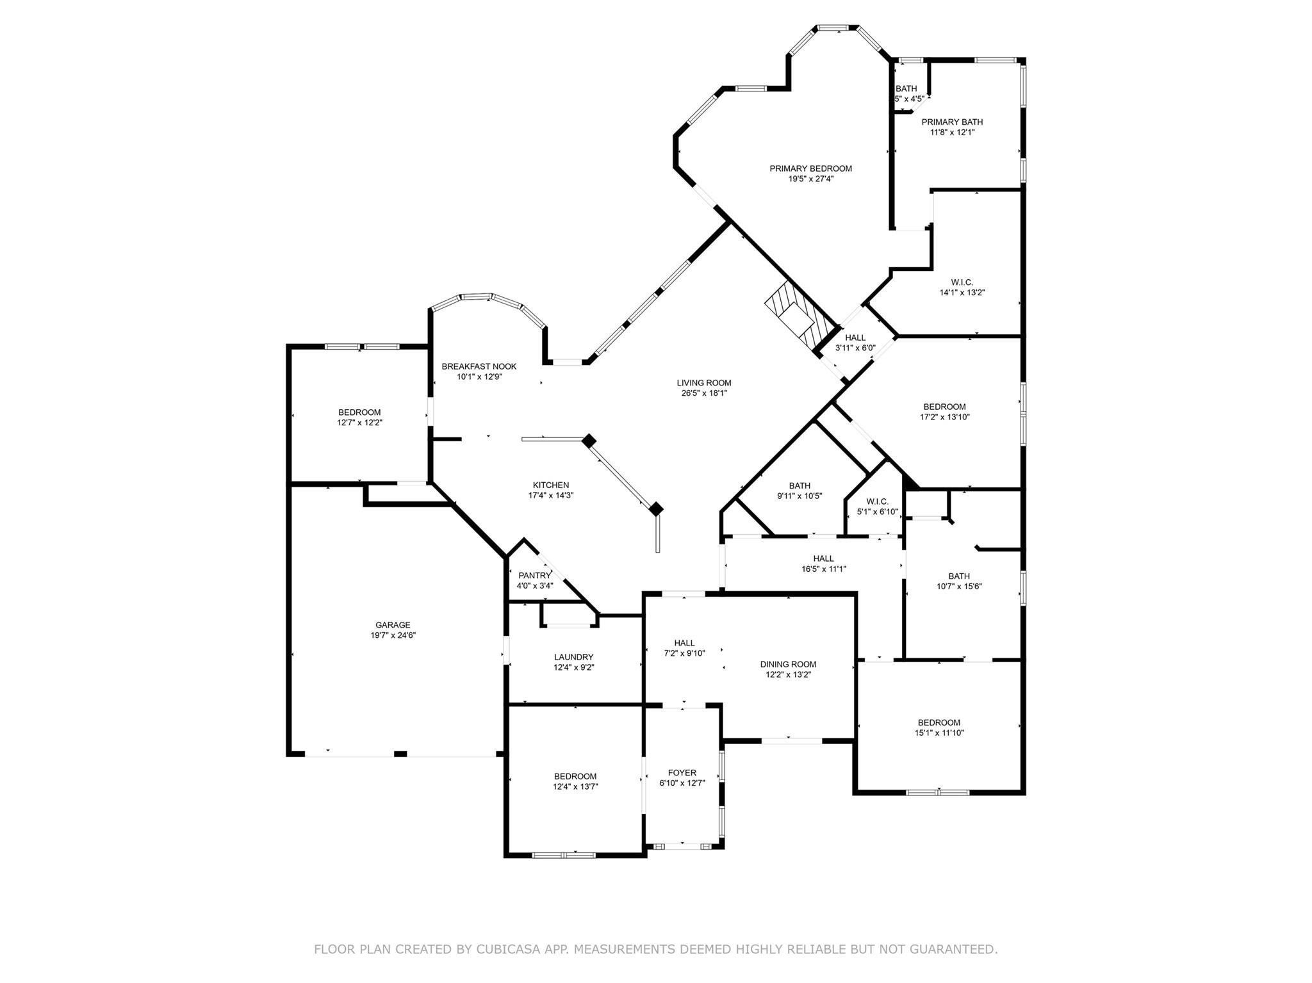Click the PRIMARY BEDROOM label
click(810, 168)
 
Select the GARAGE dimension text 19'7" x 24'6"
click(393, 635)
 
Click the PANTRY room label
click(534, 575)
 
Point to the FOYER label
click(682, 772)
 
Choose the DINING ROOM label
click(788, 664)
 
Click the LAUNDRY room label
click(573, 657)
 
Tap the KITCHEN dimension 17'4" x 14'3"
click(551, 495)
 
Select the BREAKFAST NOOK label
click(479, 366)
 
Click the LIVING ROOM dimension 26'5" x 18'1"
click(704, 393)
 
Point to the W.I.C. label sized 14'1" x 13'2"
click(962, 282)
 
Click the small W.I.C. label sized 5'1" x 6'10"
click(877, 501)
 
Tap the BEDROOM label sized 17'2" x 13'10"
click(944, 407)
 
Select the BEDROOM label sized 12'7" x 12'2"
click(359, 412)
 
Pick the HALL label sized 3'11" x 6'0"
click(855, 337)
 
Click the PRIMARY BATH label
click(952, 122)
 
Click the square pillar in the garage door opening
click(400, 754)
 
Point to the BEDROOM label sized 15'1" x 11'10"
click(939, 722)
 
